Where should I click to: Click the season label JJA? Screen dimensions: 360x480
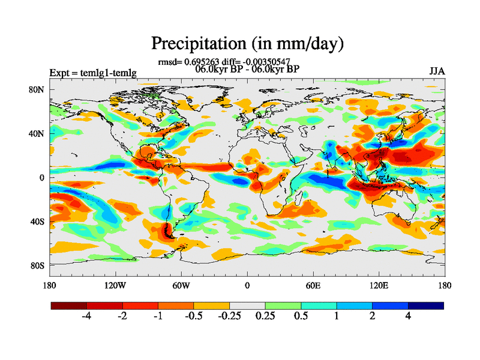tap(437, 71)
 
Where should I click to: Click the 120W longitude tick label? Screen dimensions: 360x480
tap(115, 285)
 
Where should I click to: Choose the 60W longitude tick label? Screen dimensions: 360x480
tap(181, 285)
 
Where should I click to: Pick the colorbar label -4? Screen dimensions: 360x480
tap(86, 316)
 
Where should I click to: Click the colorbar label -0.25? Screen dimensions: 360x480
tap(229, 316)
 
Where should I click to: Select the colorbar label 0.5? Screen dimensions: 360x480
tap(301, 316)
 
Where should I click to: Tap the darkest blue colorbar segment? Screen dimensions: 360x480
tap(426, 305)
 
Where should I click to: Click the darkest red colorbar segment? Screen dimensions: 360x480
tap(69, 305)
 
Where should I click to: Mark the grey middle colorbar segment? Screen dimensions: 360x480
tap(247, 305)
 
